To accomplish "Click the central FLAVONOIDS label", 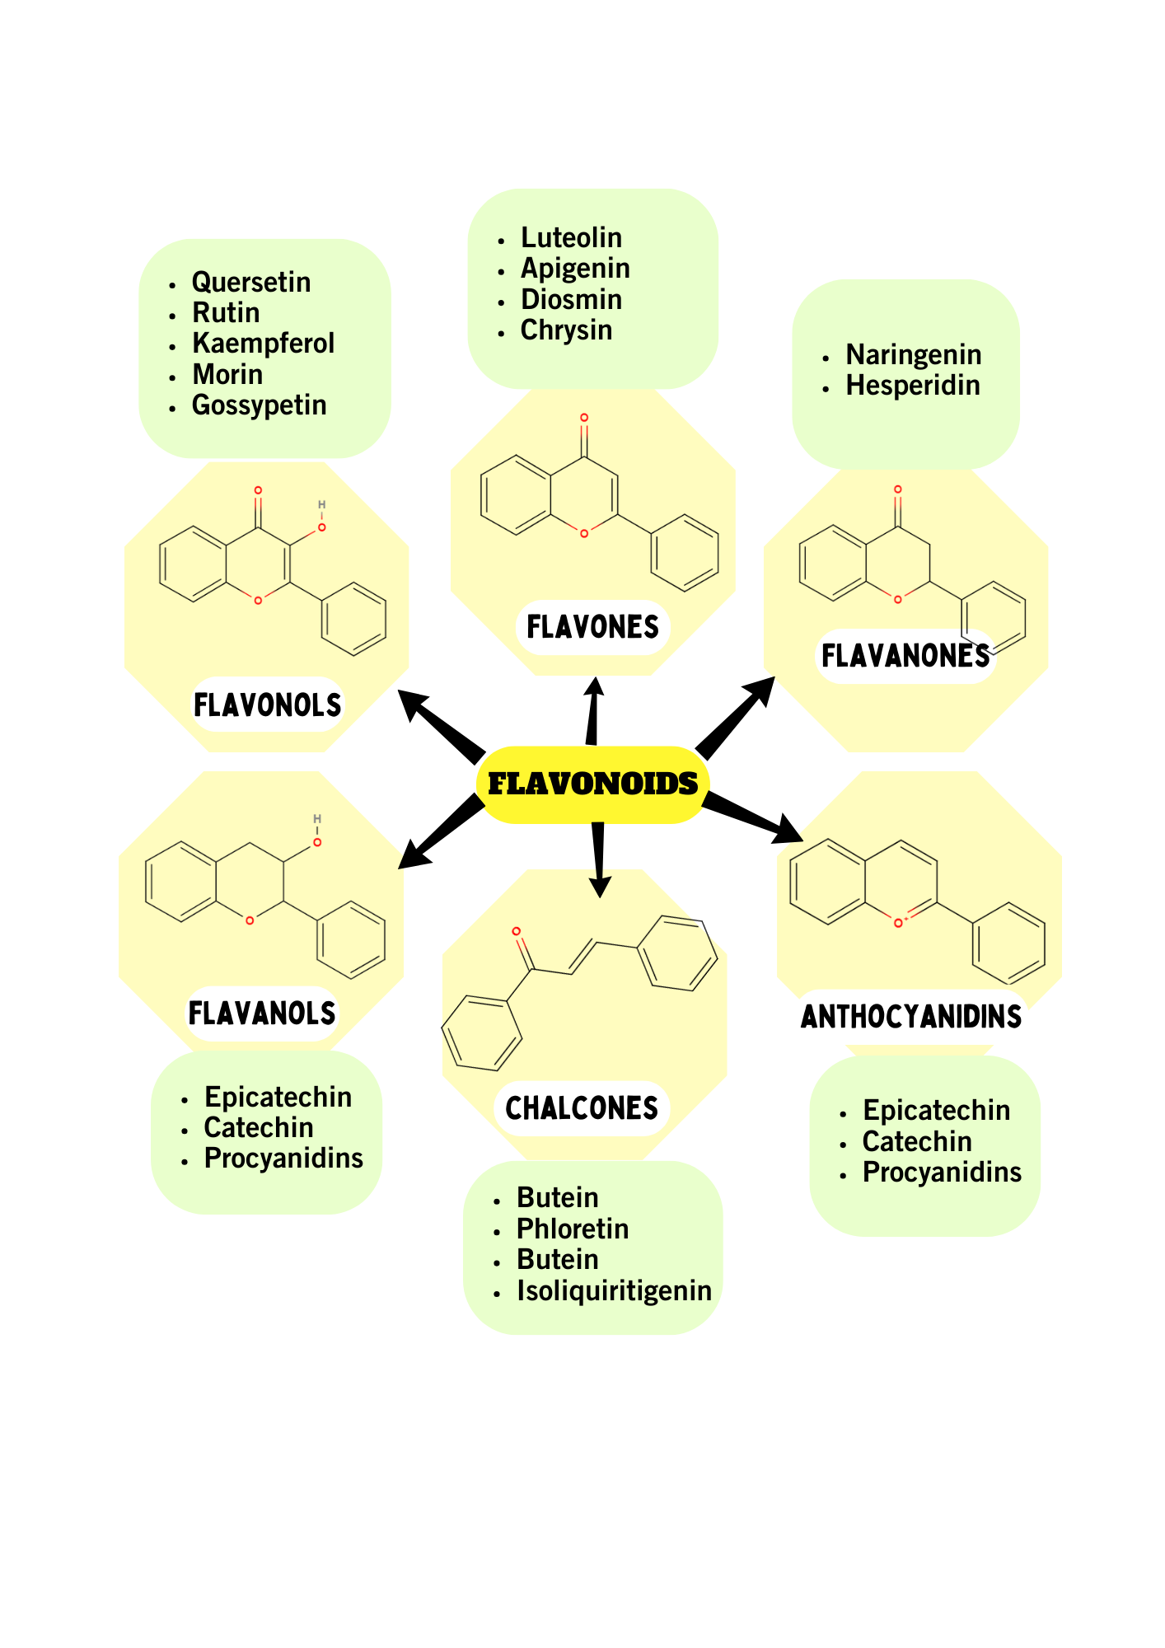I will [x=592, y=784].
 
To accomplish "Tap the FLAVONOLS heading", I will [x=267, y=705].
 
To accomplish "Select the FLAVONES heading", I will [x=592, y=627].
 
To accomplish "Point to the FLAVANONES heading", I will [x=905, y=656].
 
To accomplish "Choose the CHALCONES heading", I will [x=582, y=1108].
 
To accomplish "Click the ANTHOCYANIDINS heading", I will [x=911, y=1017].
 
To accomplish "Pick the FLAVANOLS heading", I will [x=262, y=1014].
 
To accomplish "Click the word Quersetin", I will [x=251, y=282].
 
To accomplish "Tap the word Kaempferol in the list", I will [x=264, y=343].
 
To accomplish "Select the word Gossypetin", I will [x=260, y=405].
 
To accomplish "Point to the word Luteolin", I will [x=571, y=237].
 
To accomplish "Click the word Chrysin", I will [x=566, y=330].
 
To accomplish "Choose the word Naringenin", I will [x=914, y=354].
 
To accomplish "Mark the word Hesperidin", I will [x=913, y=385].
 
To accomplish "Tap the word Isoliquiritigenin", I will [x=614, y=1290].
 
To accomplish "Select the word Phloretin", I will [x=573, y=1229].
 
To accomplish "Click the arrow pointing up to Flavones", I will [x=592, y=710].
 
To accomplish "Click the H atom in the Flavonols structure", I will [x=322, y=504].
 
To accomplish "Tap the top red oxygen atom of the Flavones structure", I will [x=584, y=418].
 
